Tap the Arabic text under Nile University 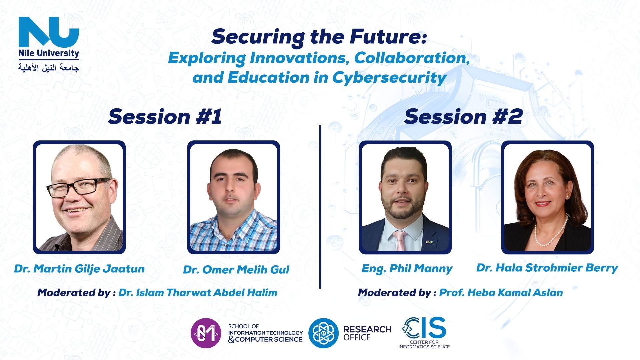click(49, 68)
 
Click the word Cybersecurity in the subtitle click(389, 78)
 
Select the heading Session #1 click(165, 117)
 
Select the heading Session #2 click(463, 117)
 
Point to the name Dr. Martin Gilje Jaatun click(79, 269)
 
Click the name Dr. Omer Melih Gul click(236, 270)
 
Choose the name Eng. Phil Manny click(407, 269)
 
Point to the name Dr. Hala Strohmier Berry click(547, 268)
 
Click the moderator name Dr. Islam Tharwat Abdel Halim click(198, 293)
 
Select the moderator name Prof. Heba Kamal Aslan click(501, 293)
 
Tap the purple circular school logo click(206, 333)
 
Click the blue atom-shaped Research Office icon click(323, 333)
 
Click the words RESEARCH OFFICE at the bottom click(367, 333)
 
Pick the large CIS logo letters click(424, 328)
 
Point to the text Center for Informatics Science click(424, 345)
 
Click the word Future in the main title click(388, 37)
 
